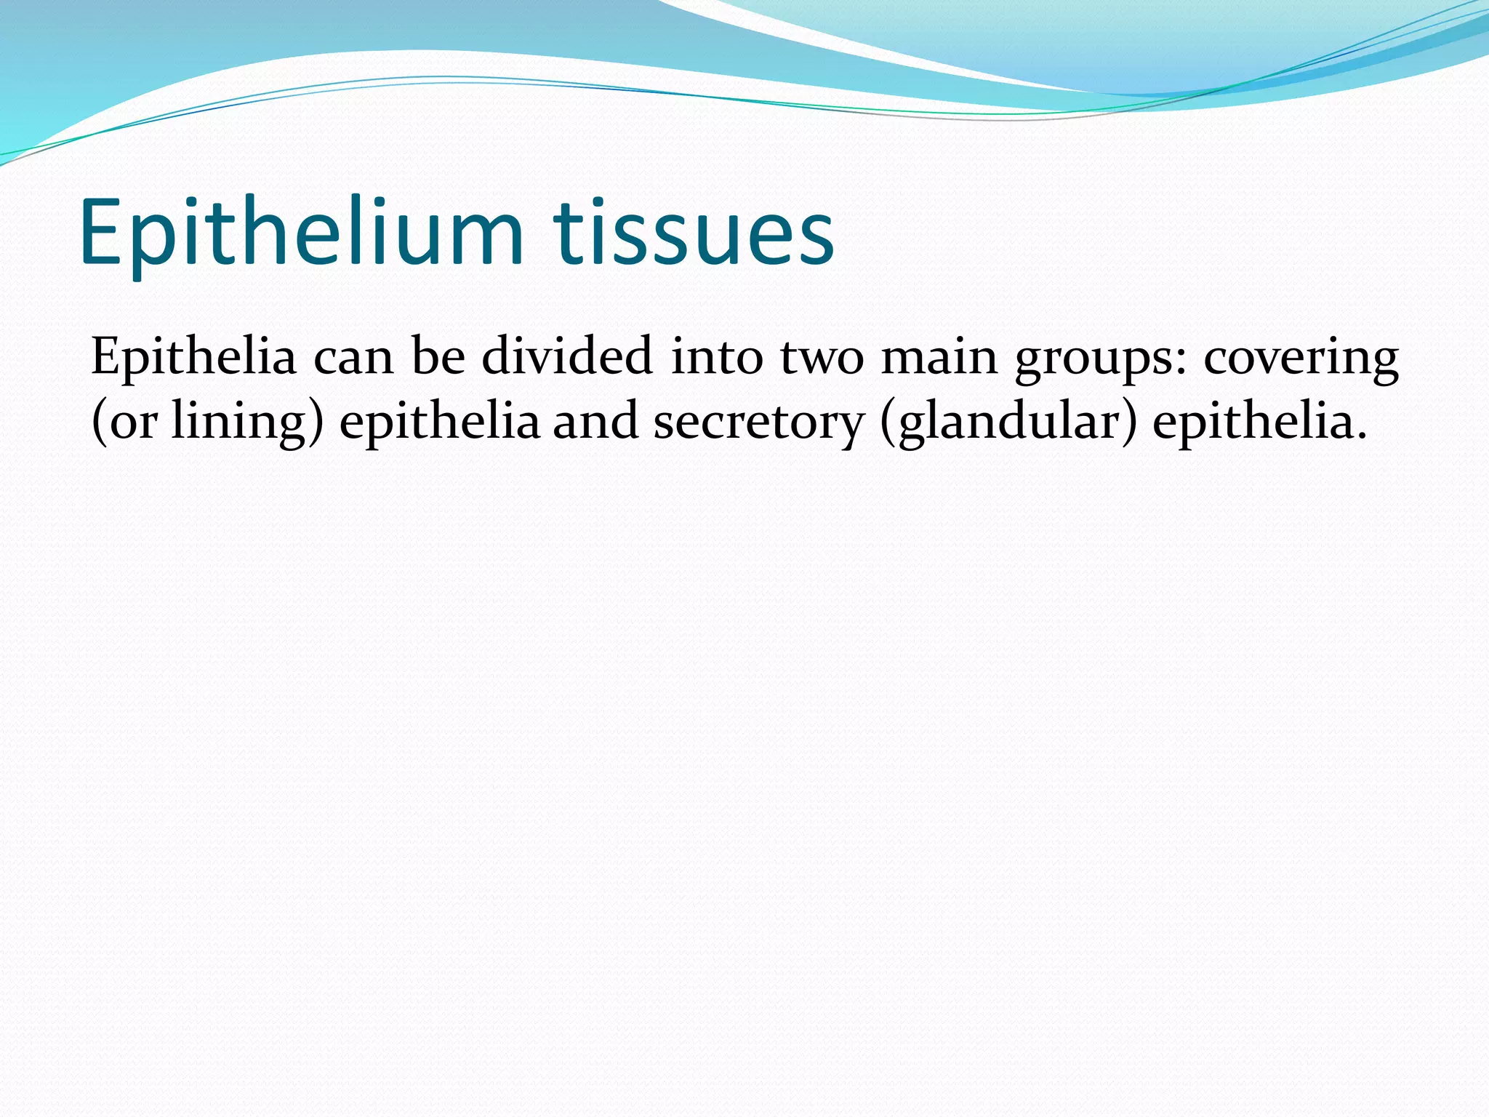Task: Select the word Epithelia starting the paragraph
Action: [193, 358]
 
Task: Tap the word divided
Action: [567, 358]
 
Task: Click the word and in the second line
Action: [595, 422]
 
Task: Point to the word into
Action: [716, 358]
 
